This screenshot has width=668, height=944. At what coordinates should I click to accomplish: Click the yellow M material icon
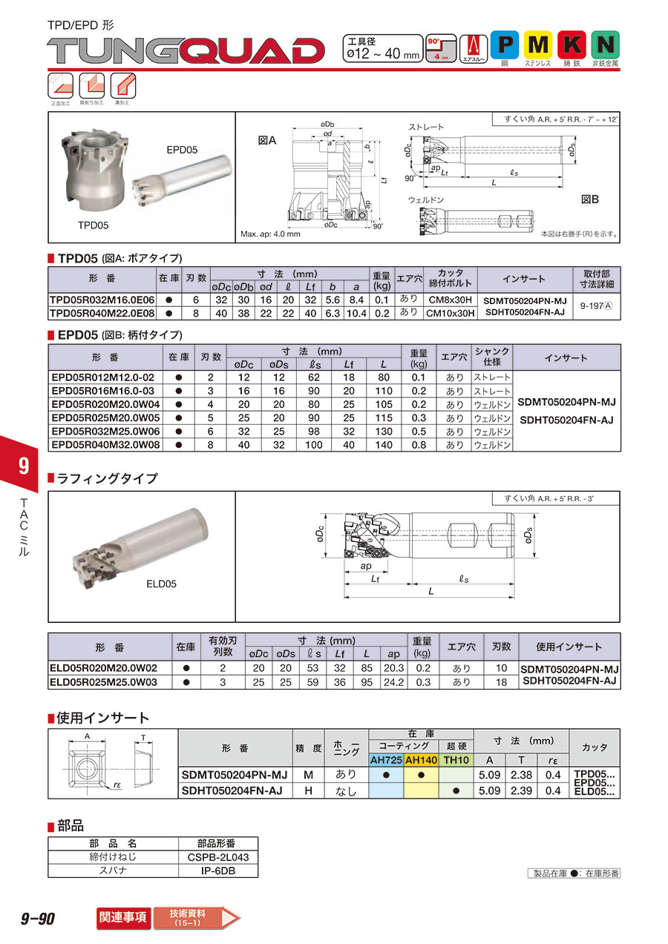click(x=537, y=45)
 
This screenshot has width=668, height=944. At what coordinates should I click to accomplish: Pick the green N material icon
click(x=605, y=45)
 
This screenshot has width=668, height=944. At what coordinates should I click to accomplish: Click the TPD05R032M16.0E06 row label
click(x=102, y=300)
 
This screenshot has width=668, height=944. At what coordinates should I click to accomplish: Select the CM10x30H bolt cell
click(x=449, y=313)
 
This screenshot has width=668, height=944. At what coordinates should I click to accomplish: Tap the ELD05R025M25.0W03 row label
click(x=103, y=681)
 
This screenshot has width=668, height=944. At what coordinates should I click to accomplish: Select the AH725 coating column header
click(x=385, y=760)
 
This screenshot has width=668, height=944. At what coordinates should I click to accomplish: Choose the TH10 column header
click(x=456, y=760)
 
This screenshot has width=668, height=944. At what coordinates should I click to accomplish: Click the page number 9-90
click(x=39, y=919)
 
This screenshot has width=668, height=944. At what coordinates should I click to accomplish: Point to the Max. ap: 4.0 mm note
click(x=271, y=234)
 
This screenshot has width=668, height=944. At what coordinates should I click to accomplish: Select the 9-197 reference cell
click(x=596, y=307)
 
